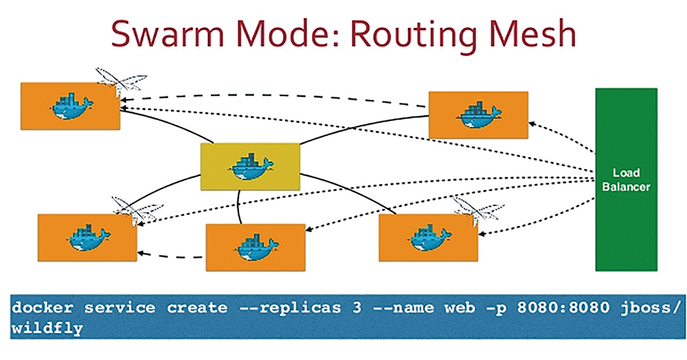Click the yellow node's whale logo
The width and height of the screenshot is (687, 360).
251,167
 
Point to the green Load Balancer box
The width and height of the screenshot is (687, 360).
626,179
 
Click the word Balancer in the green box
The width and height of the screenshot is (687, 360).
626,187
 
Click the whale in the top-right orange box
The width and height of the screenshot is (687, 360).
478,115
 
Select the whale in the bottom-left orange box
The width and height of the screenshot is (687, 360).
89,238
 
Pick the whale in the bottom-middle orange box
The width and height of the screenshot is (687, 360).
256,248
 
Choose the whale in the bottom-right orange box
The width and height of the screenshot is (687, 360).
429,238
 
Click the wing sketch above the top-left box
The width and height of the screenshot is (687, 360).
121,79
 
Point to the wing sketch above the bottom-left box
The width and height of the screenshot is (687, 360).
137,208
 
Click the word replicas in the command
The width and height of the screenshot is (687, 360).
300,308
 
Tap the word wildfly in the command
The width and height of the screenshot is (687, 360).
47,328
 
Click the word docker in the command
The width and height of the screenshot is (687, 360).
43,308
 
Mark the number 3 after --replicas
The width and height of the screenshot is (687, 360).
357,308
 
